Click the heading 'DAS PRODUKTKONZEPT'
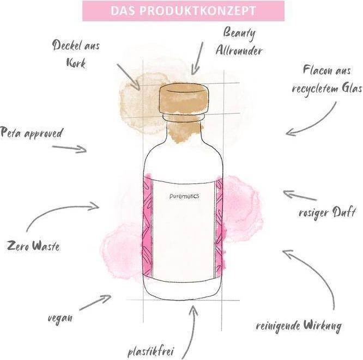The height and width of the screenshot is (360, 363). (183, 11)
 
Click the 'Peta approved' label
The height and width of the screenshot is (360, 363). (32, 133)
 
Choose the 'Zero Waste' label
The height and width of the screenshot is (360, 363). (33, 246)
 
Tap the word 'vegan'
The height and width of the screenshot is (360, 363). (59, 317)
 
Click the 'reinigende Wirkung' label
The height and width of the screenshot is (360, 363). (299, 326)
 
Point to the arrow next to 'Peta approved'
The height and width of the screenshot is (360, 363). (69, 148)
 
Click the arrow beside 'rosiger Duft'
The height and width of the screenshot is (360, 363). (299, 195)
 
